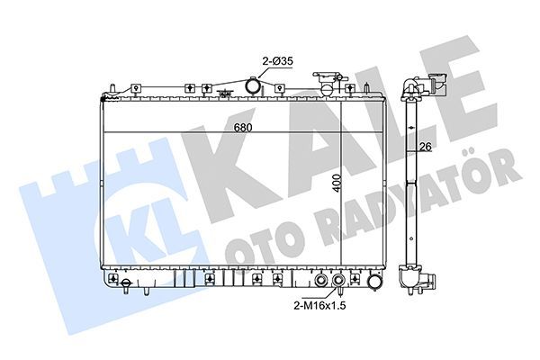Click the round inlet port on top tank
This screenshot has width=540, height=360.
coord(255,86)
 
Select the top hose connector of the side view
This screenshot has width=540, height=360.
coord(415,86)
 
